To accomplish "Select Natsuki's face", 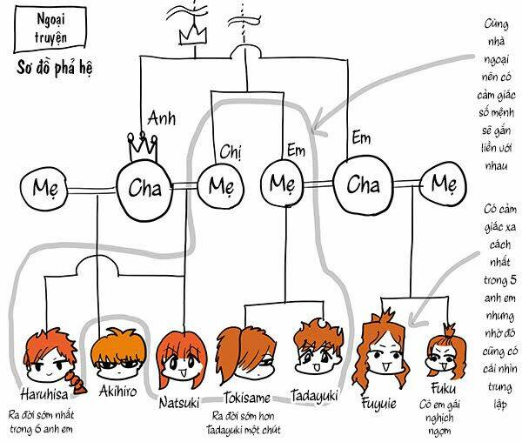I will point(181,353).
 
